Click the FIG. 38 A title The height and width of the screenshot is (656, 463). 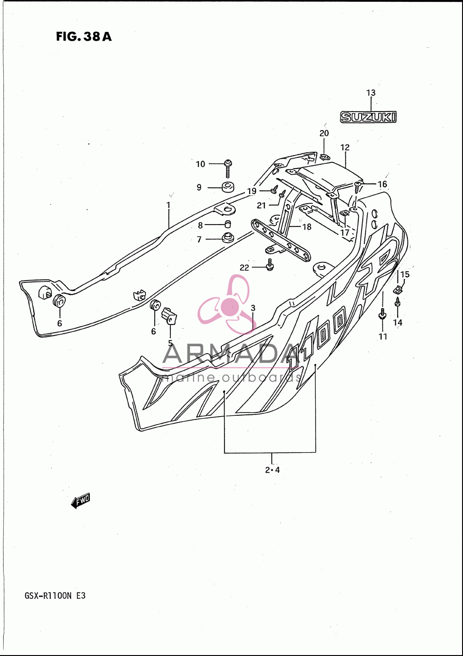(84, 37)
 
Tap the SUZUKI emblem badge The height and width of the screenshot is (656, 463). (368, 117)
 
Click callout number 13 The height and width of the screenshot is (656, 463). (371, 93)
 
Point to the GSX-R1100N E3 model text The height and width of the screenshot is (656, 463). (55, 596)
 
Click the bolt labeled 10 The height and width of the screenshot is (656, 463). (227, 169)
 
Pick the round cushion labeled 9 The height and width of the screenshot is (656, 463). (228, 187)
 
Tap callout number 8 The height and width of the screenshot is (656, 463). (200, 225)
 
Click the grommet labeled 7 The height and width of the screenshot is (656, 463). (227, 237)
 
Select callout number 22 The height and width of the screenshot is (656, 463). (244, 268)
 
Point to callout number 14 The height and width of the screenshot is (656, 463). (398, 322)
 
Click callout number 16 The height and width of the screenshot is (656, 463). (382, 184)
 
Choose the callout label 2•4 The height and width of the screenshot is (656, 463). (272, 470)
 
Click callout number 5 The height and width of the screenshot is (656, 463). (170, 343)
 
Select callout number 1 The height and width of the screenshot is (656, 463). (169, 205)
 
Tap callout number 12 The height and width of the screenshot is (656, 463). (345, 147)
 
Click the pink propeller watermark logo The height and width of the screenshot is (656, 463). (227, 305)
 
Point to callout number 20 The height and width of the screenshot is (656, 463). (324, 133)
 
